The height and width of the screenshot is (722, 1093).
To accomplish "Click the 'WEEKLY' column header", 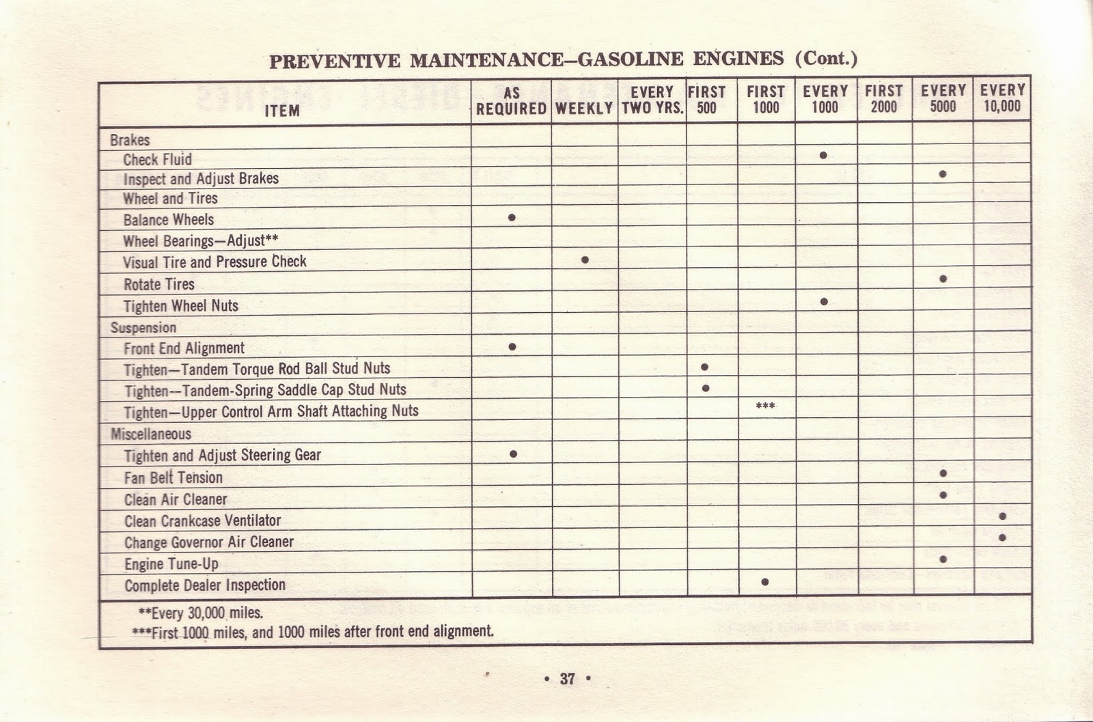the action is point(584,109).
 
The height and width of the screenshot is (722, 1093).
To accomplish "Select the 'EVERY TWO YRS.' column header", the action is point(652,100).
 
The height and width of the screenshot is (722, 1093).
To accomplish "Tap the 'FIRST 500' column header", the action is point(706,99).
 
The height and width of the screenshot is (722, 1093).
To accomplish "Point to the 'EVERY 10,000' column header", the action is point(1002,98).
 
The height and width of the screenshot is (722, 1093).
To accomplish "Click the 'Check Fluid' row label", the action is point(157,160).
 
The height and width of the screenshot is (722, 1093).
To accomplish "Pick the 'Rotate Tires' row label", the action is point(158,284).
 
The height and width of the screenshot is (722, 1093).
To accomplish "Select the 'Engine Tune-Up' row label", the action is point(171,564).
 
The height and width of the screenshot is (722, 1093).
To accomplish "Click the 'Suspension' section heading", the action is point(143,328).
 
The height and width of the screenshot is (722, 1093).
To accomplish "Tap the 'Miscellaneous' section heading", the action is point(150,434).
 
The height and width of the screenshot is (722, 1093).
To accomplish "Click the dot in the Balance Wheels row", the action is point(512,218).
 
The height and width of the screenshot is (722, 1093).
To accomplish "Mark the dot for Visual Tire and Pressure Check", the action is point(585,260).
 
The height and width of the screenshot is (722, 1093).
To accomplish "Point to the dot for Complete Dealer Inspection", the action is point(765,582).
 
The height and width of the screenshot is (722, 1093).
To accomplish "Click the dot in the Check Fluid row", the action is point(823,156).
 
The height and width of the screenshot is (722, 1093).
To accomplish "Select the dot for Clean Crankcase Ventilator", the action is point(1002,516).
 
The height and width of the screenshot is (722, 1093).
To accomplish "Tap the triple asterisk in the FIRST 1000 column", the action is point(765,406).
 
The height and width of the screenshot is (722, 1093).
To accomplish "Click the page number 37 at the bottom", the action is point(567,679).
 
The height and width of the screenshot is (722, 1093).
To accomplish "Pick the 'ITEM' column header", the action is point(282,111).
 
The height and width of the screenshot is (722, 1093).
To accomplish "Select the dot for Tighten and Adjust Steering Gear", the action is point(513,454).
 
